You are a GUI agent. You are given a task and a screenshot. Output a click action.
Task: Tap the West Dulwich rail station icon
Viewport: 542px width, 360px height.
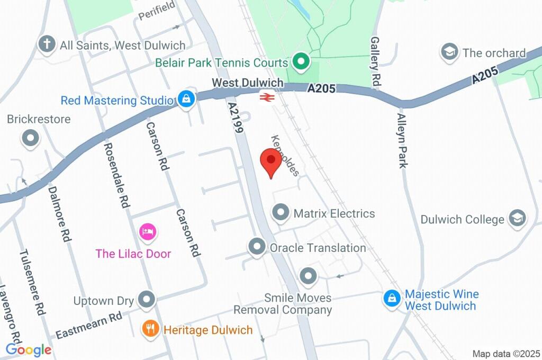coord(266,97)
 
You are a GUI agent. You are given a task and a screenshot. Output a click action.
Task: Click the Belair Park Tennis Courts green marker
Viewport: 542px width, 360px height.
coord(301,61)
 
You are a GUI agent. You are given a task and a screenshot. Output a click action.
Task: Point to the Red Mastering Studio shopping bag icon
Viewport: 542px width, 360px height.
coord(186,99)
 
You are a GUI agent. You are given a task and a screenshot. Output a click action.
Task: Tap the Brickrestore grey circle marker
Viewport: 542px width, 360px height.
coord(30,139)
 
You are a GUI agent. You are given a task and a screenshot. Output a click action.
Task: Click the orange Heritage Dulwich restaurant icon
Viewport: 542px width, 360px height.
coord(151,329)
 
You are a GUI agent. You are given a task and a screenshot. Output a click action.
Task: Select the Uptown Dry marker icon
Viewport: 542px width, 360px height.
coord(146,300)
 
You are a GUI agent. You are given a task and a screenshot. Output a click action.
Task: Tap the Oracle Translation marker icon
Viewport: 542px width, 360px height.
coord(257,247)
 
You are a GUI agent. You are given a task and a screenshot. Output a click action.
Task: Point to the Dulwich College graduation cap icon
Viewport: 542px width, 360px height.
coord(517,218)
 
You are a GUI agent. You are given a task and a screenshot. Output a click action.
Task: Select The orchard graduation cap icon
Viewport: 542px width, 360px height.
coord(449,52)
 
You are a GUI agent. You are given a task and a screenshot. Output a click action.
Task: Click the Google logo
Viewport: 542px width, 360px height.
coord(29,349)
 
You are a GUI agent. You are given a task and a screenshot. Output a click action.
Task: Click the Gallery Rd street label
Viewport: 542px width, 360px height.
coord(376,61)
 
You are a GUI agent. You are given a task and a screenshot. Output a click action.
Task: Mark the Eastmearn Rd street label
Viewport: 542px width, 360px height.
coord(89,325)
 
